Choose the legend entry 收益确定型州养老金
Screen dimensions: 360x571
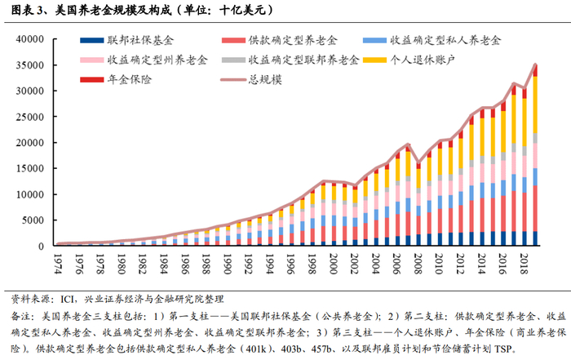coord(143,60)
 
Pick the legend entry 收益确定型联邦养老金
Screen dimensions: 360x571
coord(303,60)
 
